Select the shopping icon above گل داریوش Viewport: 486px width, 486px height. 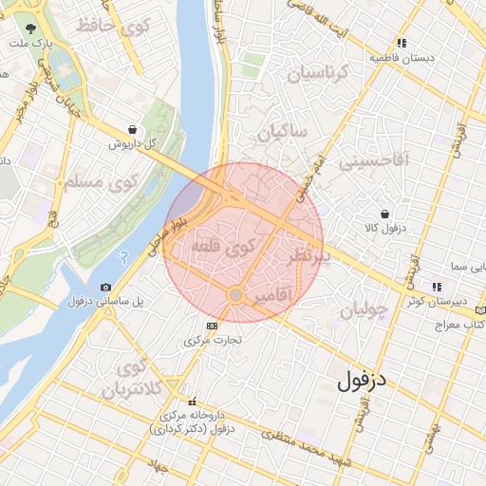tap(131, 130)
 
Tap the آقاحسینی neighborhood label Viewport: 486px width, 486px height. tap(373, 160)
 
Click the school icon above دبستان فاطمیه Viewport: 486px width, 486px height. tap(402, 43)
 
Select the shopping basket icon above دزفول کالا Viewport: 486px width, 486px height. tap(384, 215)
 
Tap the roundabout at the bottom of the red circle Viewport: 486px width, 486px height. tap(235, 295)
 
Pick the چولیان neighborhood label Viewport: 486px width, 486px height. tap(363, 309)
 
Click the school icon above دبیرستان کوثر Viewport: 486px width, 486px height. tap(436, 287)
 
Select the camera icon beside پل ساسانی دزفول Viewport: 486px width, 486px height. tap(104, 287)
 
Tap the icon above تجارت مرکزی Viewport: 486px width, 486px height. tap(211, 326)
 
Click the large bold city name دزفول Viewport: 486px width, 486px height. tap(364, 382)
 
